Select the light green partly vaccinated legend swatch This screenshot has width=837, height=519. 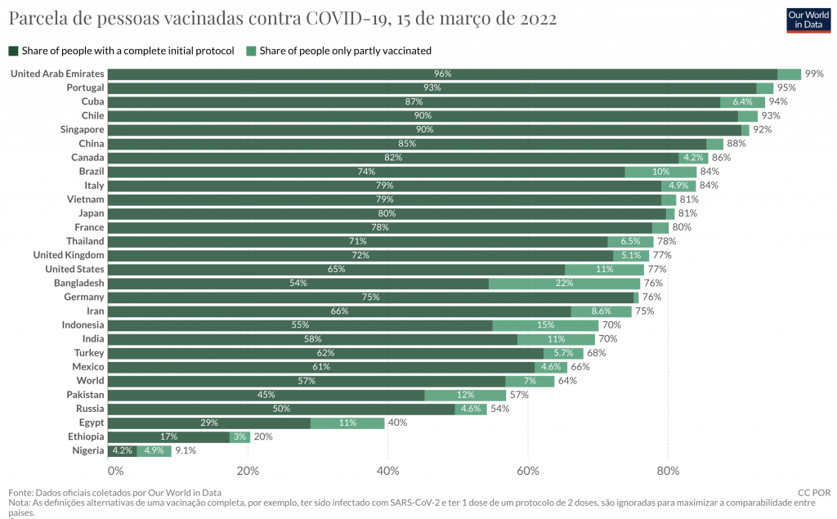pos(252,51)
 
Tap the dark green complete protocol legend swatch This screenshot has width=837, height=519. pos(13,51)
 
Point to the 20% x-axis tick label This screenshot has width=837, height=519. pos(248,471)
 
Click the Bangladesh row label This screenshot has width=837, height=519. pos(78,284)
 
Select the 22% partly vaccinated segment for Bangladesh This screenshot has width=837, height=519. pos(564,284)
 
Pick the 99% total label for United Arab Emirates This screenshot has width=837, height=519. pos(813,74)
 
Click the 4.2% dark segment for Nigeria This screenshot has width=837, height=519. pos(122,450)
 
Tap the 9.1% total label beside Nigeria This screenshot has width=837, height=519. pos(185,450)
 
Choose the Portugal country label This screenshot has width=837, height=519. pos(85,88)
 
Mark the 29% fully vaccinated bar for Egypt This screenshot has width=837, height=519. pos(209,423)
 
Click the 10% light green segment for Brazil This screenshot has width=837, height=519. pos(660,172)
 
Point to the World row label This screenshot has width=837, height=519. pos(90,381)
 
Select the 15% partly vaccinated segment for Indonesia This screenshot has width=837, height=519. pos(545,325)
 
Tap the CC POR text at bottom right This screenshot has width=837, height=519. pos(814,493)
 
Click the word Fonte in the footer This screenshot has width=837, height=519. pos(20,493)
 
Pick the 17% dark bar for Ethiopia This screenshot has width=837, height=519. pos(169,436)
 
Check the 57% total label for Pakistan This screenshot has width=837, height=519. pos(519,395)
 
